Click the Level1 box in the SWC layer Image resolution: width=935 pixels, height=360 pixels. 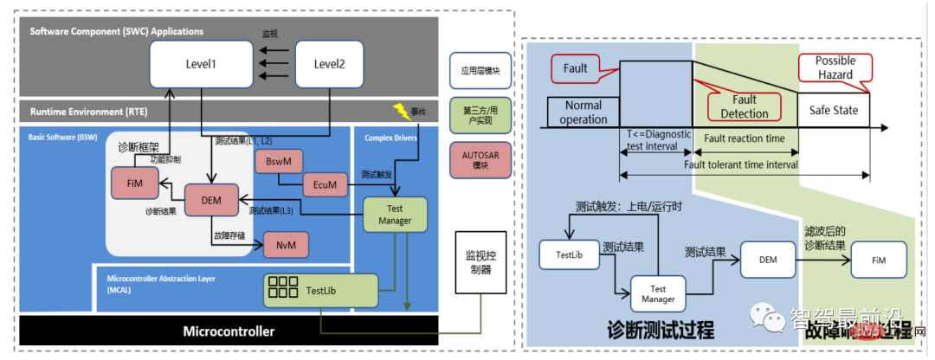[x=200, y=65]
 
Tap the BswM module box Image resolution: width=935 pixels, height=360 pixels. [x=278, y=162]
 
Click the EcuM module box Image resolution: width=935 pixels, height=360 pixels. [x=326, y=183]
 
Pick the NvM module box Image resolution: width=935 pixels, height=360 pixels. [x=287, y=245]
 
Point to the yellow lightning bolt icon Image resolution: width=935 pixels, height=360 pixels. [x=401, y=110]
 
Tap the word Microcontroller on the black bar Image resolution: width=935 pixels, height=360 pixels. [x=228, y=331]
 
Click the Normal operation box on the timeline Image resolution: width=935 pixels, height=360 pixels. [x=584, y=112]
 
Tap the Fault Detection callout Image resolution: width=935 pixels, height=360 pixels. [x=744, y=106]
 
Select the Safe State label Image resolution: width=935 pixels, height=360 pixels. [x=833, y=111]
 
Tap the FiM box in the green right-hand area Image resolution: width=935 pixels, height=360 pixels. [x=879, y=258]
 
